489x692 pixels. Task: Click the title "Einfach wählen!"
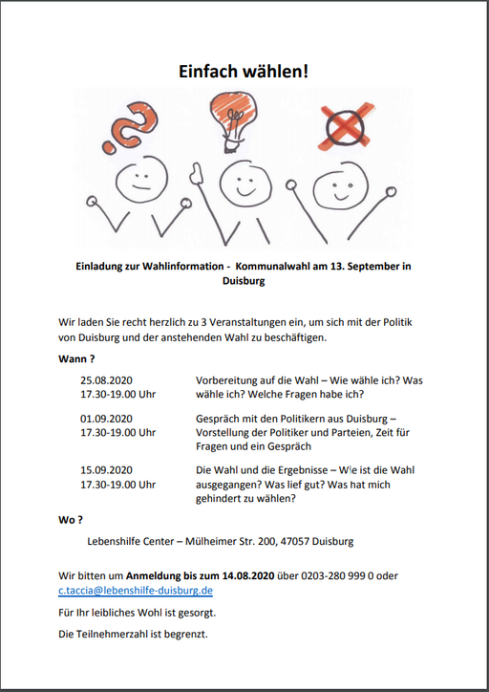tap(244, 72)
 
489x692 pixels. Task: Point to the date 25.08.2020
tap(107, 380)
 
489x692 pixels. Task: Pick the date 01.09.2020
tap(107, 419)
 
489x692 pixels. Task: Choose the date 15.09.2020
tap(107, 470)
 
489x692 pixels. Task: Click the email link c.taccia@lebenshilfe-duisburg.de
tap(129, 592)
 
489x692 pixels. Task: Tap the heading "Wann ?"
tap(77, 359)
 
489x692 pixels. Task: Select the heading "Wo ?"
tap(71, 520)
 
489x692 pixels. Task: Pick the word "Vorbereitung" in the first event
tap(228, 380)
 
